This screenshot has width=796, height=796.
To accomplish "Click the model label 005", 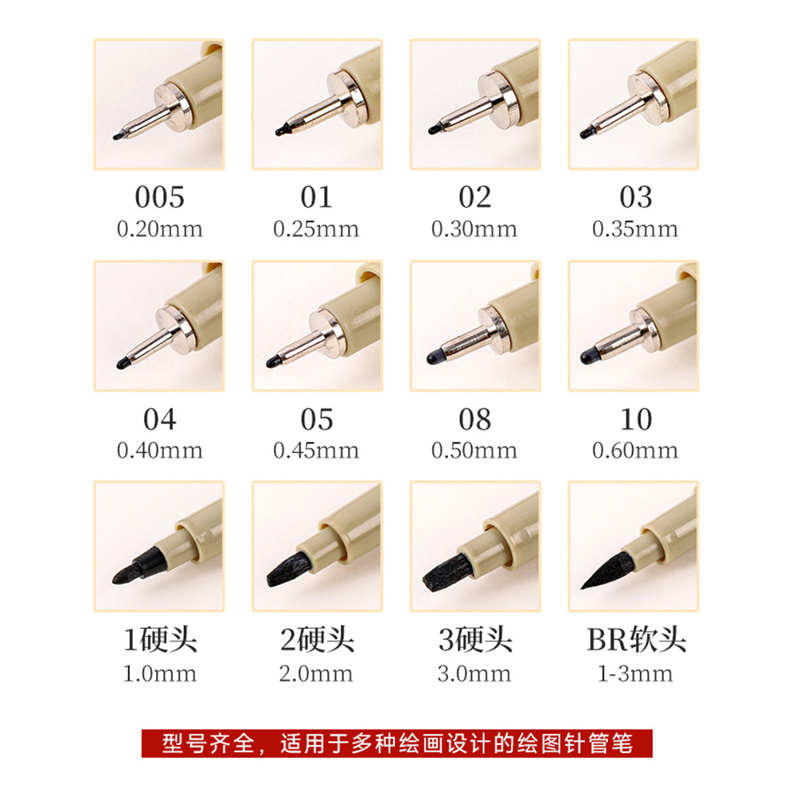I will [159, 197].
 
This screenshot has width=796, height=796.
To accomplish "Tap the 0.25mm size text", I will [316, 229].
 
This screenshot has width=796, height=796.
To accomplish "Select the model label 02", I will [474, 197].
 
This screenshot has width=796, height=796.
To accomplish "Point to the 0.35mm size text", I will [634, 229].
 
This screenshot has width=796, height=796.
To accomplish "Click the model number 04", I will [159, 419].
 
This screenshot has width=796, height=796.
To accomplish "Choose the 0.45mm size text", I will [316, 451].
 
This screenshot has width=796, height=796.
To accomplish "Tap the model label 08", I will [474, 419].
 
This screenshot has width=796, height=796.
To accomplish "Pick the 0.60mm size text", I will [634, 451].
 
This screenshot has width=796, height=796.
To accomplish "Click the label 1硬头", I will [159, 640].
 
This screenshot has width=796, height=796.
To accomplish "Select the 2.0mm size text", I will [316, 673].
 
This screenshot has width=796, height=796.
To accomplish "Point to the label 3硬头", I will [474, 640].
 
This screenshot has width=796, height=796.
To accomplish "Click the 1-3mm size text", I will [634, 673].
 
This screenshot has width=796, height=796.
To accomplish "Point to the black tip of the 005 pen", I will [118, 136].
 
